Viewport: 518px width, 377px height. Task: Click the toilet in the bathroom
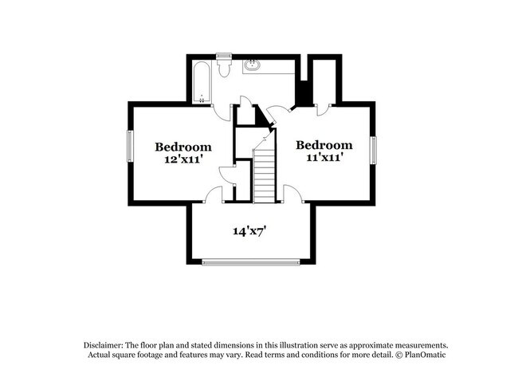click(224, 67)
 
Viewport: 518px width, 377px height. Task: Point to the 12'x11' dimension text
click(182, 159)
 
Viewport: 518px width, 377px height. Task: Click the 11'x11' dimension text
click(324, 158)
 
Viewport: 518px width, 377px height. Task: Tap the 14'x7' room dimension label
click(249, 232)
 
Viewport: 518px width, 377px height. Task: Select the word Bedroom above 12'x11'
click(182, 147)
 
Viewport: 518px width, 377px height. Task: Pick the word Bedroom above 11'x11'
click(324, 145)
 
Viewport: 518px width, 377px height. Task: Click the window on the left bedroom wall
click(130, 150)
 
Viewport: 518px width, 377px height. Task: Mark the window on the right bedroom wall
click(372, 150)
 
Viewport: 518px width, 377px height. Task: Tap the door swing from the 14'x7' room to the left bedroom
click(214, 194)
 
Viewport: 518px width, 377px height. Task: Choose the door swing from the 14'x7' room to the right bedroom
click(291, 194)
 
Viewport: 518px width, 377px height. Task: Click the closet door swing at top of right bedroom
click(324, 109)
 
